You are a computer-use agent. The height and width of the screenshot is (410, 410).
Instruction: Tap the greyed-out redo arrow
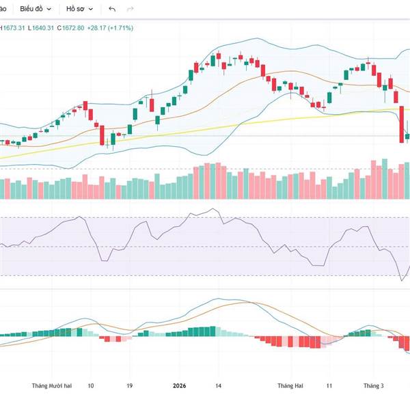point(131,9)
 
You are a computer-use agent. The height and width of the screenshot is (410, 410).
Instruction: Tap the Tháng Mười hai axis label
point(51,386)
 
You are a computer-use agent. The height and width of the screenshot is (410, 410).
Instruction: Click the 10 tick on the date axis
point(91,386)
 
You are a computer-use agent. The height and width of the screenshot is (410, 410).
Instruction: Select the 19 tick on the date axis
point(129,386)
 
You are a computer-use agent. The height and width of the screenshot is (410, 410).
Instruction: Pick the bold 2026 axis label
point(180,386)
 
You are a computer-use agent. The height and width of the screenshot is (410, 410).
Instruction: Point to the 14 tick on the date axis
point(218,386)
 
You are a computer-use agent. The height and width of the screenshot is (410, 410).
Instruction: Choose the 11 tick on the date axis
point(329,386)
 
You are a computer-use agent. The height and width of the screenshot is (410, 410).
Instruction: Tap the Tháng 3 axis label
point(373,386)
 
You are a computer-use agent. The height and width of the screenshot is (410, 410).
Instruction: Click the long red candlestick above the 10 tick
point(102,135)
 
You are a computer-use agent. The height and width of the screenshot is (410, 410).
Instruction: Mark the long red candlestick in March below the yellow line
point(402,124)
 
